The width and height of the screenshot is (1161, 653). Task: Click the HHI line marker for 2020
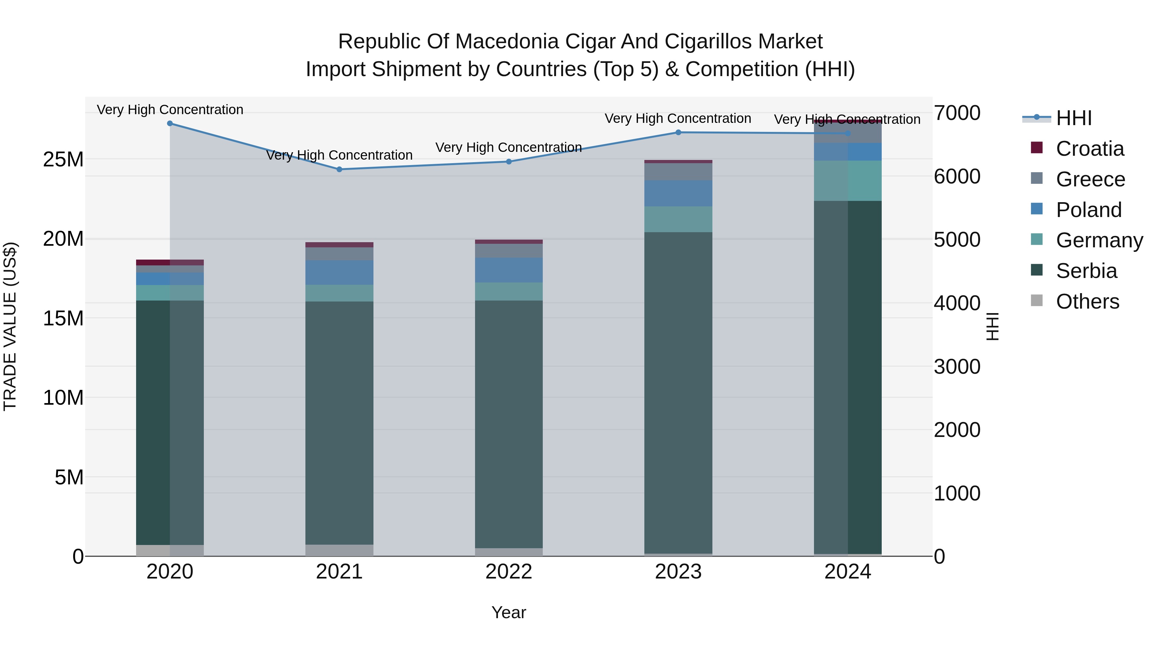[170, 124]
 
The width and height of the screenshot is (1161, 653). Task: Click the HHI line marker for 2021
[339, 169]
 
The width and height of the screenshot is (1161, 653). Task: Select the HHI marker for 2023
[678, 133]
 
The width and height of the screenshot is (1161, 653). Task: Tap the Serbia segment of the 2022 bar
[509, 424]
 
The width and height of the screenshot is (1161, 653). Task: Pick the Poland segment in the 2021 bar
[339, 272]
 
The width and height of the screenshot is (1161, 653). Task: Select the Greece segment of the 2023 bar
[678, 172]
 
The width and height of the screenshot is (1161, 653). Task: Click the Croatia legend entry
[1089, 149]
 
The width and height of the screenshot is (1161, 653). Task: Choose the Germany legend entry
[1099, 240]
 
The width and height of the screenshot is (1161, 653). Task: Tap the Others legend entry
[1087, 302]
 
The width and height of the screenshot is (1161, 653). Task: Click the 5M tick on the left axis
[69, 477]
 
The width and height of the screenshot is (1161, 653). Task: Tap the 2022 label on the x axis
[509, 572]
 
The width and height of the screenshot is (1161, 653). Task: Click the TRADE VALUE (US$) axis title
[10, 326]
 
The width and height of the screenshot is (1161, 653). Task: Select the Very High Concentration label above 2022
[509, 147]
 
